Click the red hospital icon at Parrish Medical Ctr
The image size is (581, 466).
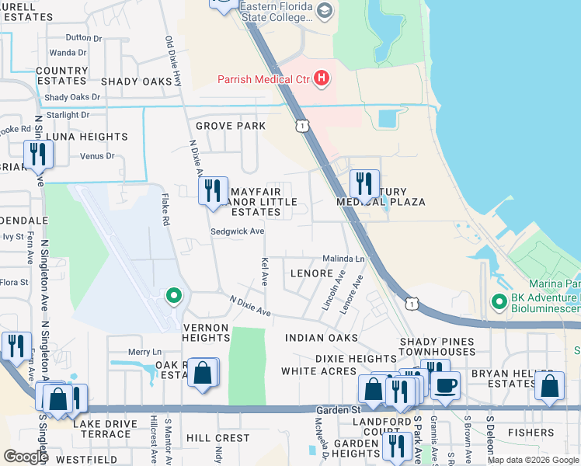point(320,78)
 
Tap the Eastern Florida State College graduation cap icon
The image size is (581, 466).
point(324,9)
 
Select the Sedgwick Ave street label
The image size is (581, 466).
point(238,231)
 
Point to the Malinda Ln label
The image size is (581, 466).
point(344,259)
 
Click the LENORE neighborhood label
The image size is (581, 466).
point(311,273)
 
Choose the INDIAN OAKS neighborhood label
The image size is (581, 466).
point(321,338)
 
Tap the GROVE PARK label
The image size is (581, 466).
point(231,126)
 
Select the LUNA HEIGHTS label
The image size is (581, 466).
point(87,137)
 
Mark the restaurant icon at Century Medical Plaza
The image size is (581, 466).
point(364,183)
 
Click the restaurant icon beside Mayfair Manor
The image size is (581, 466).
point(213,190)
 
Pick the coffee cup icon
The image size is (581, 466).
point(446,386)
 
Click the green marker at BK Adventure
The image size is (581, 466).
point(497,300)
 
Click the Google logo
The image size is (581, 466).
point(26,457)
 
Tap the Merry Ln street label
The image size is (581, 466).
point(144,352)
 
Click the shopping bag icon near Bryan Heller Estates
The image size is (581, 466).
point(549,386)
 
